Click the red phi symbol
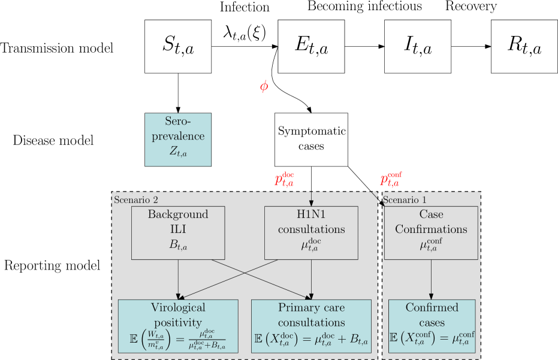[264, 86]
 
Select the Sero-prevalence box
[178, 140]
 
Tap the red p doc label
[284, 179]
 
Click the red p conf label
[390, 179]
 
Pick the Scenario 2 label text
[136, 199]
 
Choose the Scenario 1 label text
[405, 199]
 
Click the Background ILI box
[178, 233]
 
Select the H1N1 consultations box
[311, 233]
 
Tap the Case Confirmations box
[431, 233]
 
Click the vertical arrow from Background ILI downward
[178, 279]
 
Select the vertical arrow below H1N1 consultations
[311, 279]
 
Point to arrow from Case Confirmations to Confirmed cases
[431, 279]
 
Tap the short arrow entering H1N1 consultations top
[311, 199]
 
